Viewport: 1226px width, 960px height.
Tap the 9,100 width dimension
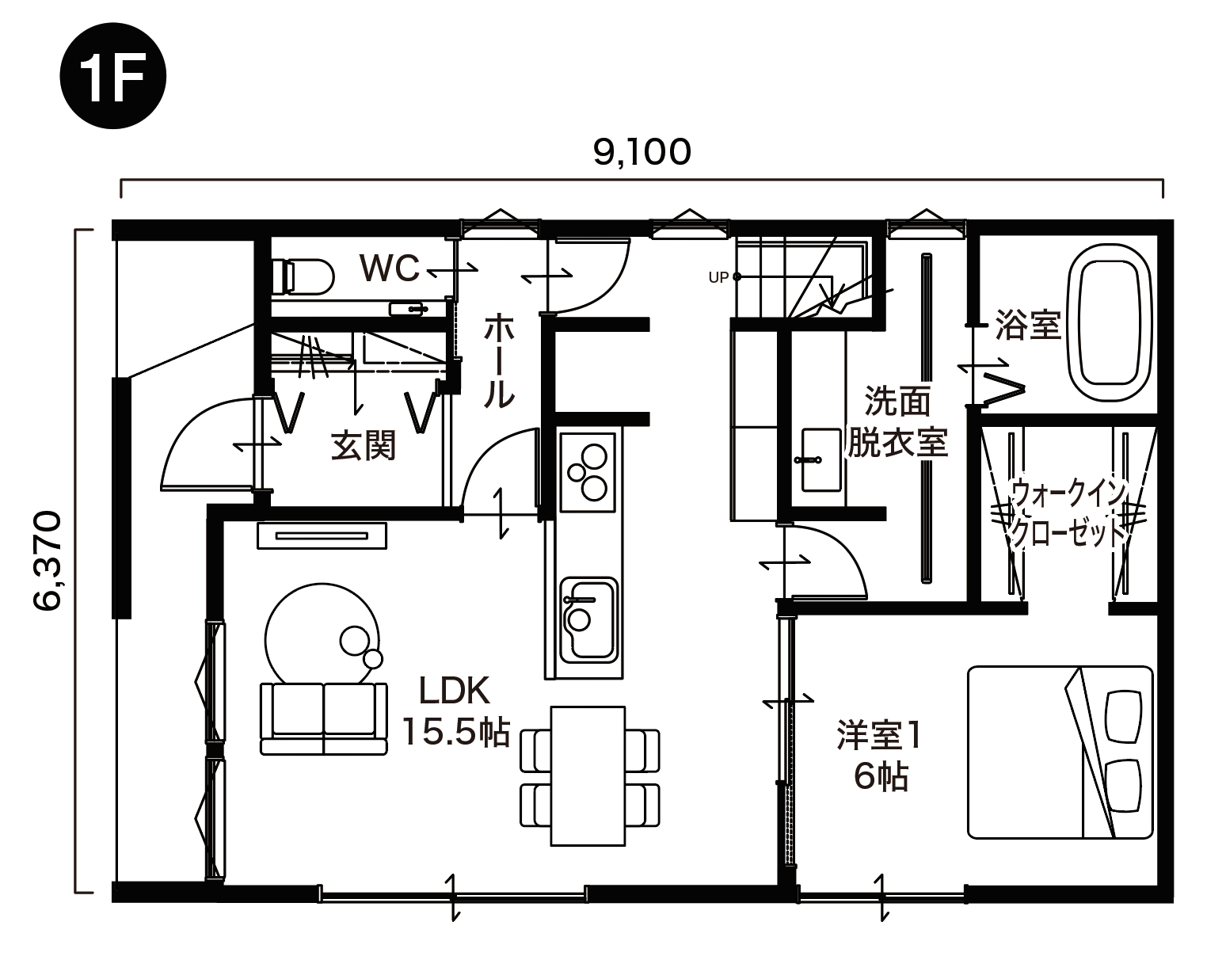coord(642,152)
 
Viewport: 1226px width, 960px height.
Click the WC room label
coord(389,269)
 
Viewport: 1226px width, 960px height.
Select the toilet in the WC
coord(303,276)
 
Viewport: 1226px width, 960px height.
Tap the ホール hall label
coord(498,361)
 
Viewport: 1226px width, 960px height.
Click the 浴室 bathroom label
coord(1027,325)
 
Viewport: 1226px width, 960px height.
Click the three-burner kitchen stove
coord(588,471)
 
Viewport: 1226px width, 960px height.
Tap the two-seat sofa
coord(323,718)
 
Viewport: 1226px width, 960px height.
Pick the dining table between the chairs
coord(588,775)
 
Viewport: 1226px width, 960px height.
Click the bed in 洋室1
coord(1059,752)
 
